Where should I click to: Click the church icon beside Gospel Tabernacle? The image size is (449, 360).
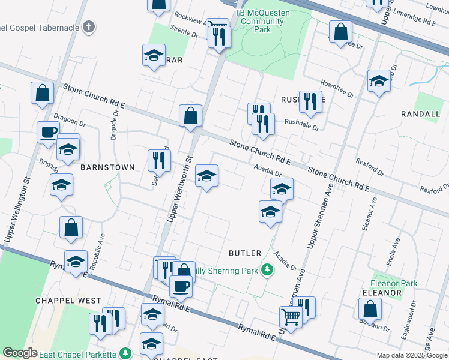tap(88, 26)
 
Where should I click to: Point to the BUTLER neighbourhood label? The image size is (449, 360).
tap(245, 253)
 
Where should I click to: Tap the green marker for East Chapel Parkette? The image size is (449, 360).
tap(125, 353)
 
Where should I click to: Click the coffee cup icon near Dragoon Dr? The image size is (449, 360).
tap(48, 133)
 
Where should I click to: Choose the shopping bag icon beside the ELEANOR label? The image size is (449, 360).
tap(370, 309)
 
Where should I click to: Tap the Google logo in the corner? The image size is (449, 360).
tap(20, 353)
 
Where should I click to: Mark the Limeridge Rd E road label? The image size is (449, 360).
tap(420, 21)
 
